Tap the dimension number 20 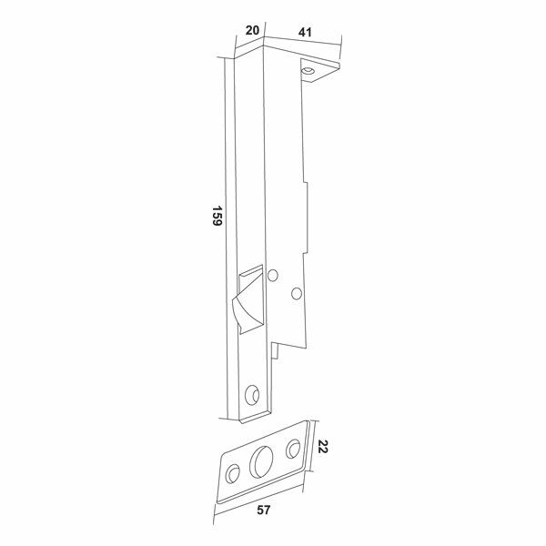(x=254, y=30)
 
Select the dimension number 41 (x=305, y=33)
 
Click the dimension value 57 (x=264, y=511)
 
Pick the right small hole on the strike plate (x=293, y=448)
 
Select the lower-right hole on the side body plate (x=296, y=292)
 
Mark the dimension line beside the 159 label (x=226, y=237)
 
